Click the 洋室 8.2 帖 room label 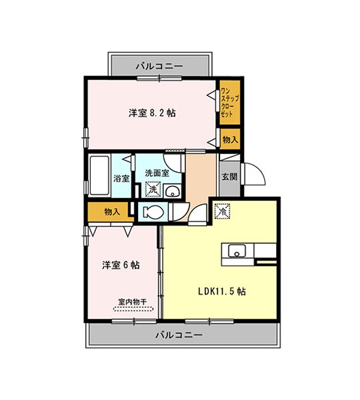(x=152, y=113)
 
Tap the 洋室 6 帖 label (x=120, y=265)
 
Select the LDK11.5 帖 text (x=222, y=291)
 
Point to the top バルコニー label (x=160, y=66)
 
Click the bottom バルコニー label (x=179, y=334)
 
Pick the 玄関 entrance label (x=229, y=177)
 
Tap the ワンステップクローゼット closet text (x=229, y=102)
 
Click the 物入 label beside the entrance (x=230, y=139)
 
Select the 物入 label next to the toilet (x=112, y=211)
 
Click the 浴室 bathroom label (x=121, y=179)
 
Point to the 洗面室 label (x=157, y=173)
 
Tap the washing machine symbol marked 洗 (x=153, y=189)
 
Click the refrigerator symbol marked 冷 (x=223, y=211)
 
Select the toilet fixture (x=153, y=212)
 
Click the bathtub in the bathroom (x=99, y=175)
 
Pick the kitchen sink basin (x=237, y=250)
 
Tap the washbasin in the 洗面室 (x=172, y=191)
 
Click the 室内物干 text (x=132, y=302)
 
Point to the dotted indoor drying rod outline (x=133, y=309)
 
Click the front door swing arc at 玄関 (x=259, y=170)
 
